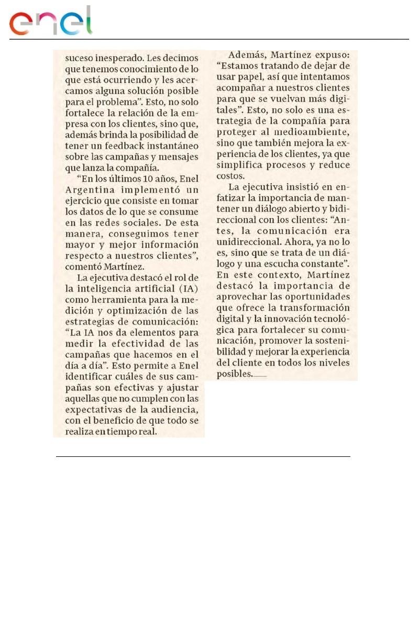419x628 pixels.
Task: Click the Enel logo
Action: click(51, 21)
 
